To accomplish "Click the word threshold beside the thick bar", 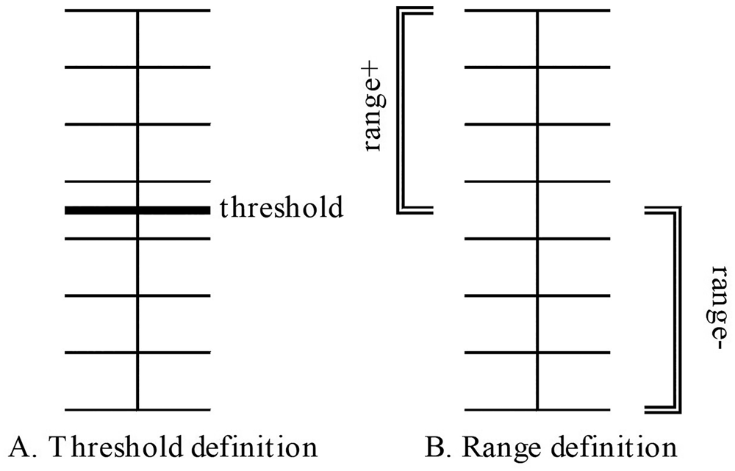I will (x=282, y=209).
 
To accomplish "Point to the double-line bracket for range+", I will (x=403, y=110).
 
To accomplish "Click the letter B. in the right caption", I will (x=434, y=447).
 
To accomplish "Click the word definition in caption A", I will (x=254, y=447).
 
